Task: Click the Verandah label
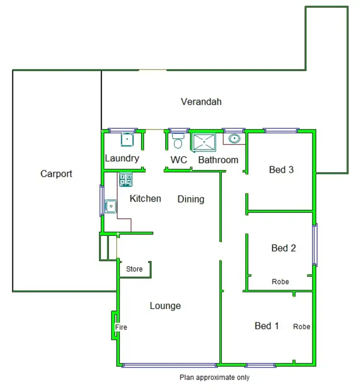click(201, 102)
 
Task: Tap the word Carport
click(56, 174)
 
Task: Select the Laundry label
click(122, 158)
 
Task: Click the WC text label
click(179, 160)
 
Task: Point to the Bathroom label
click(218, 160)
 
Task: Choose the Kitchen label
click(145, 198)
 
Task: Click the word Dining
click(191, 199)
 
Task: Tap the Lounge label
click(165, 305)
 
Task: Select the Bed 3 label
click(281, 170)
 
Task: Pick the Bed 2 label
click(284, 248)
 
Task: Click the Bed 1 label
click(267, 326)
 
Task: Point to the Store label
click(134, 269)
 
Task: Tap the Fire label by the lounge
click(121, 327)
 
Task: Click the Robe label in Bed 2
click(280, 281)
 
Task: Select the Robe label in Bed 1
click(302, 327)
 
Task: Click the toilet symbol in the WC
click(178, 142)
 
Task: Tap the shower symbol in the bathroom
click(204, 142)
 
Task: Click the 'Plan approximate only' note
click(215, 377)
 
